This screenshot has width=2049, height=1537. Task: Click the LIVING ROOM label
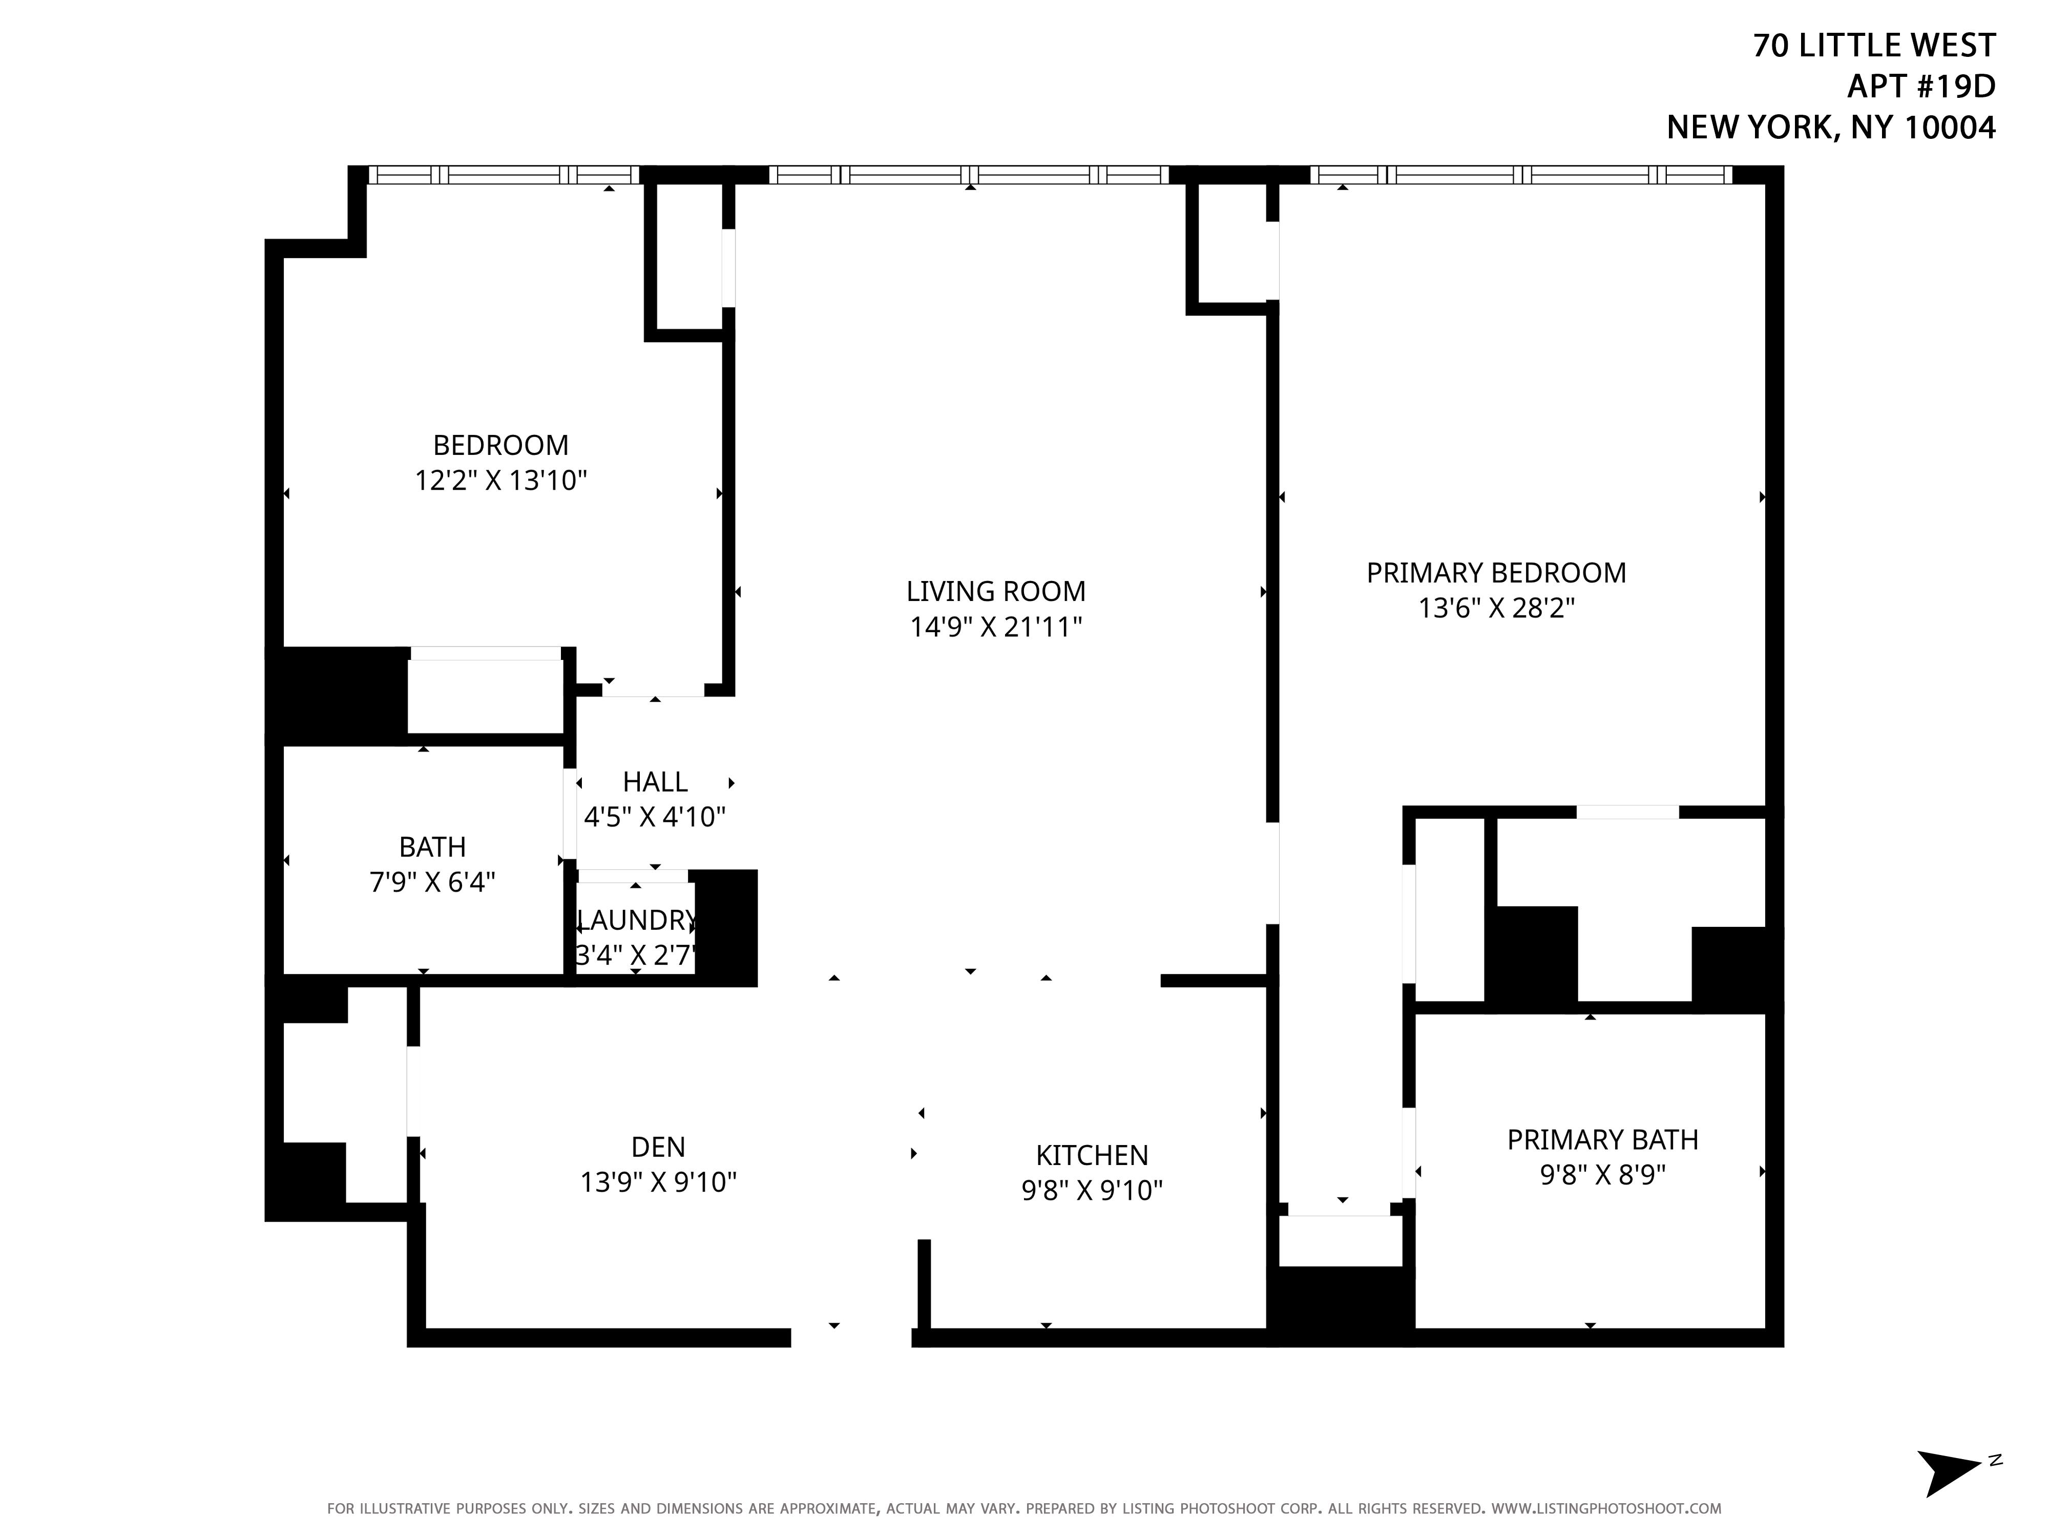996,591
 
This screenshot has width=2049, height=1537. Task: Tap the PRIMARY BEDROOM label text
1496,573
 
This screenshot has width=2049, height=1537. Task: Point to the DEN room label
658,1147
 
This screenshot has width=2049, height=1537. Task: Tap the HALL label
655,782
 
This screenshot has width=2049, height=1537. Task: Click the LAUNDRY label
636,920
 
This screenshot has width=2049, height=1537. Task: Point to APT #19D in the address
1921,86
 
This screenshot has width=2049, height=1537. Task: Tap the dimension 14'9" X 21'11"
996,627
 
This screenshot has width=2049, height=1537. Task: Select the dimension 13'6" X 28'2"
1496,608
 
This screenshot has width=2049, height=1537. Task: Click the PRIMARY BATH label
1602,1139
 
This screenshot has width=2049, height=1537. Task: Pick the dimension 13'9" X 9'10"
658,1182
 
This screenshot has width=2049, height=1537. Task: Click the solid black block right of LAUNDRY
726,927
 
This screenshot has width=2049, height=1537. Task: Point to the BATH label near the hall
432,847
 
